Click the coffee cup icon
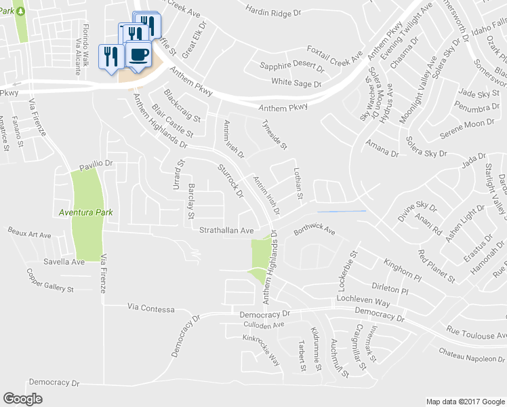coord(139,54)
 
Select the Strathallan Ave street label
coord(226,231)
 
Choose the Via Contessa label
coord(150,308)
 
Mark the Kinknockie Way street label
coord(262,349)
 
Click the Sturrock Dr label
coord(231,182)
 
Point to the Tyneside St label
coord(275,134)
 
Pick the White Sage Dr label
coord(296,83)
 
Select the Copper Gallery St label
coord(49,280)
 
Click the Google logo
coord(23,399)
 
